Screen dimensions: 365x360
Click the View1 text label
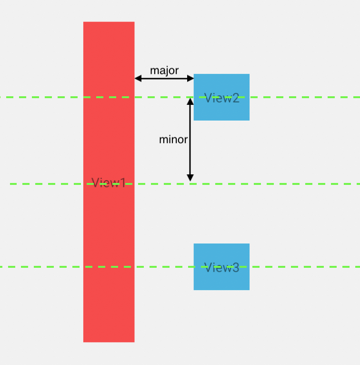109,183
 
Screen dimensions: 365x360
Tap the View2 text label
221,98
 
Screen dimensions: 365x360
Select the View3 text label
221,268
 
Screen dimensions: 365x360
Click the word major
164,71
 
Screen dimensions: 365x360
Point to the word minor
173,140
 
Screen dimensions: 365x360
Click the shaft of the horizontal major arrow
164,78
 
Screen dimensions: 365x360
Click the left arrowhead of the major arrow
138,78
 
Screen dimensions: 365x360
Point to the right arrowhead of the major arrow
190,78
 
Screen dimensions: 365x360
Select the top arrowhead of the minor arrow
190,101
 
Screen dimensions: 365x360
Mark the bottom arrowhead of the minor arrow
190,178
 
